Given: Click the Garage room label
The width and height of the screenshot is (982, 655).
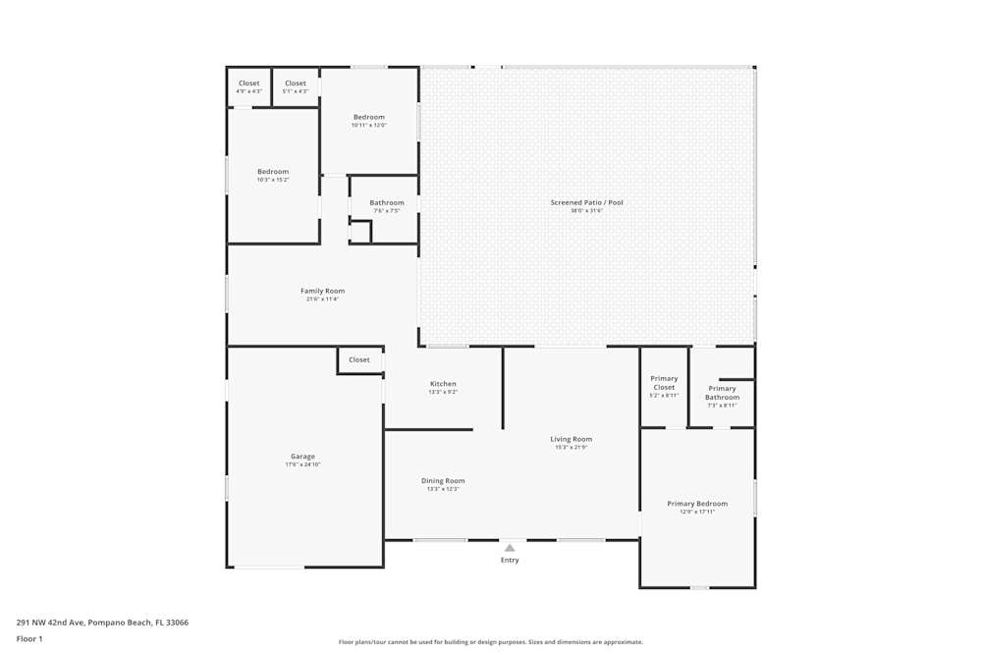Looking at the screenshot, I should coord(302,457).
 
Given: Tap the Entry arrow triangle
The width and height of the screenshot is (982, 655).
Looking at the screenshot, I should coord(510,548).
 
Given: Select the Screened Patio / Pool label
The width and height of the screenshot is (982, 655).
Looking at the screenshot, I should coord(586,202).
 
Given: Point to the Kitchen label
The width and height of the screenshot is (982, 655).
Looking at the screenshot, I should coord(443,384).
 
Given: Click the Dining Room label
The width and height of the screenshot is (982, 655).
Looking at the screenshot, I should coord(443,481).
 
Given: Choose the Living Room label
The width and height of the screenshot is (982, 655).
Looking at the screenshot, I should coord(571,439).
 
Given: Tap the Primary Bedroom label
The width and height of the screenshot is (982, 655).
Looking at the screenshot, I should coord(697,504).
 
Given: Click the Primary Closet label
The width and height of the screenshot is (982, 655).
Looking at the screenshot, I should coord(664,383).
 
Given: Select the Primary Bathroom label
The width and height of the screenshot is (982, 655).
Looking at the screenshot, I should coord(722,393).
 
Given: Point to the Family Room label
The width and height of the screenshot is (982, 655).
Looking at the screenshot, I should coord(322,291).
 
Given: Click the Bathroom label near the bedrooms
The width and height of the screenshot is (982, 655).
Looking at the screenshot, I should coord(387,203).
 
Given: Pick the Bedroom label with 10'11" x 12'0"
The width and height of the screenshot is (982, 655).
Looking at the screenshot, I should coord(369,117).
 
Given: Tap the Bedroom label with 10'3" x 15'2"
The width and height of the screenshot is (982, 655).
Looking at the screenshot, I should coord(273,172).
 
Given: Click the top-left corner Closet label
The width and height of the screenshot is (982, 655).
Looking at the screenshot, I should coord(249,83).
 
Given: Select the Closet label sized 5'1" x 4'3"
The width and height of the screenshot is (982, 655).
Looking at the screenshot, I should coord(296,83).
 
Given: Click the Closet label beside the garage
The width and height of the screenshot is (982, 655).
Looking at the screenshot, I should coord(359,359).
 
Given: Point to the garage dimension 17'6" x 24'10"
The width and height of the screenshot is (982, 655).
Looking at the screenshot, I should coord(302,464).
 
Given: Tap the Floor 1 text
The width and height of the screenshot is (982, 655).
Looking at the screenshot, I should coord(29,638).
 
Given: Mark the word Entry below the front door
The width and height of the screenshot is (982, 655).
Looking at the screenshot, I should coord(510,560).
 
